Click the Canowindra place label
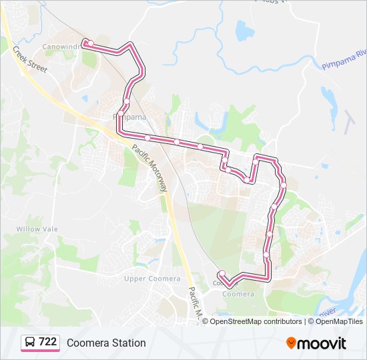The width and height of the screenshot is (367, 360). [x=62, y=47]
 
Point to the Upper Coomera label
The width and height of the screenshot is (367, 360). [x=153, y=278]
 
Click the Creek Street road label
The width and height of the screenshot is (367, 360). [x=30, y=59]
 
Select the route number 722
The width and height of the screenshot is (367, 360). [x=47, y=342]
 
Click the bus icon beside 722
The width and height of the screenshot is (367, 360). [x=30, y=343]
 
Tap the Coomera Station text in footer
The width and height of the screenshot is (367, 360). [x=105, y=343]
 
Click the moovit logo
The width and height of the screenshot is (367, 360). [x=317, y=343]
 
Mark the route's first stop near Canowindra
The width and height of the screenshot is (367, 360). [x=85, y=43]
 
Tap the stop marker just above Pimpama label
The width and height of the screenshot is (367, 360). [x=126, y=101]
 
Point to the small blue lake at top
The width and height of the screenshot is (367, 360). [x=245, y=31]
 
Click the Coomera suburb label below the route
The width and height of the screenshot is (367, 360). [x=238, y=294]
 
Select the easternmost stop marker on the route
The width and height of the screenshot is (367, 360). [x=284, y=185]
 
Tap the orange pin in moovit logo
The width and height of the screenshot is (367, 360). [x=291, y=343]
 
